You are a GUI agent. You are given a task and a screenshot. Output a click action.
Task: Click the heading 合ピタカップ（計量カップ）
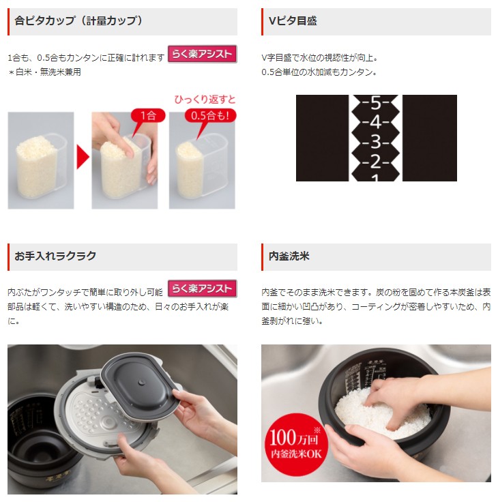pos(79,21)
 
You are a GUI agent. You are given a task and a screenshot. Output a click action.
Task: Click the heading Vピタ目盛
pos(293,21)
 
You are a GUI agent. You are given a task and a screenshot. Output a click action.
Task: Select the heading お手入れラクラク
pos(56,256)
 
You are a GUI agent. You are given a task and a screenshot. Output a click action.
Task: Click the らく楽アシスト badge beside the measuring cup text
pos(202,54)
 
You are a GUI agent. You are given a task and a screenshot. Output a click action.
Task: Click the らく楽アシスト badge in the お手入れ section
pos(202,289)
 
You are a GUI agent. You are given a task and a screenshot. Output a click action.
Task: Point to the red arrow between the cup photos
pos(83,158)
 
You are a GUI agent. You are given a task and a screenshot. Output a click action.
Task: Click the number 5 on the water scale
pos(376,104)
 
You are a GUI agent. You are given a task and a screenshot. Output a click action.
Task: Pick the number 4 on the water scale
pos(376,123)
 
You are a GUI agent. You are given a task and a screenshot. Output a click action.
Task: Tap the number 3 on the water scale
pos(376,143)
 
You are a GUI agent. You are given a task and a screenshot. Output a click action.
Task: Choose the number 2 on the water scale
pos(376,162)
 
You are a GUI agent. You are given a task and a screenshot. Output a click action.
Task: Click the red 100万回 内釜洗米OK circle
pos(296,443)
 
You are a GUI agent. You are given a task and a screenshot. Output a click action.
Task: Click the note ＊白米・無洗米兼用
pos(44,72)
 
